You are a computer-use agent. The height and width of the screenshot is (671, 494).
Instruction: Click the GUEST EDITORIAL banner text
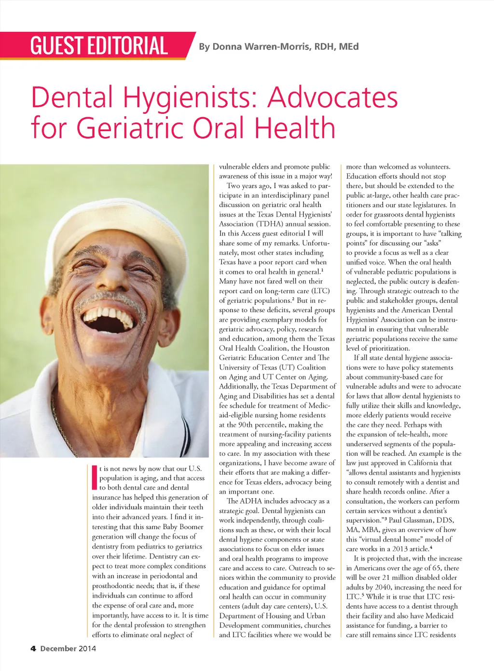tap(99, 46)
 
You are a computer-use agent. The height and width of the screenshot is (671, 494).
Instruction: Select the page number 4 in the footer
tap(33, 648)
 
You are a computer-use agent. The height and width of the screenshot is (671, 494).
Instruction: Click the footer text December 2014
tap(68, 648)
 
